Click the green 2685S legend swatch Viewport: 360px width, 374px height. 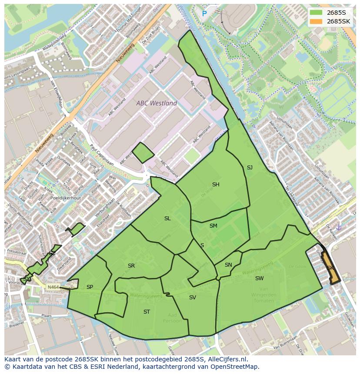[316, 13]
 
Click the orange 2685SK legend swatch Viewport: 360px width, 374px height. [316, 21]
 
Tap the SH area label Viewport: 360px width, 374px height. [216, 185]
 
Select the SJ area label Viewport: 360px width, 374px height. [250, 168]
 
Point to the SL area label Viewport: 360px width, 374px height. [167, 218]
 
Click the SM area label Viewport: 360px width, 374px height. [213, 226]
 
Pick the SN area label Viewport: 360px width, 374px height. [228, 265]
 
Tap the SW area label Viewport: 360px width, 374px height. [259, 278]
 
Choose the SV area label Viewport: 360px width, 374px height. [193, 298]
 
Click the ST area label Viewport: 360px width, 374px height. [147, 312]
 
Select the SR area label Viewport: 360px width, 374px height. [131, 266]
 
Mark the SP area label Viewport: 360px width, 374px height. [90, 287]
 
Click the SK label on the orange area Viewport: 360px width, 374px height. [330, 268]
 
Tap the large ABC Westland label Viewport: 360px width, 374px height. [157, 103]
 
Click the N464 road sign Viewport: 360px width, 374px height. [53, 287]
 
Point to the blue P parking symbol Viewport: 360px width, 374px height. [204, 14]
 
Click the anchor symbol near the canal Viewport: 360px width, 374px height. [339, 227]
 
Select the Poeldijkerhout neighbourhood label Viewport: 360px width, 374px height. [65, 198]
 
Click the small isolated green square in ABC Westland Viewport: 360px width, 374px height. [143, 153]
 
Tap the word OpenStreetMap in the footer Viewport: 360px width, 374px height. [236, 367]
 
